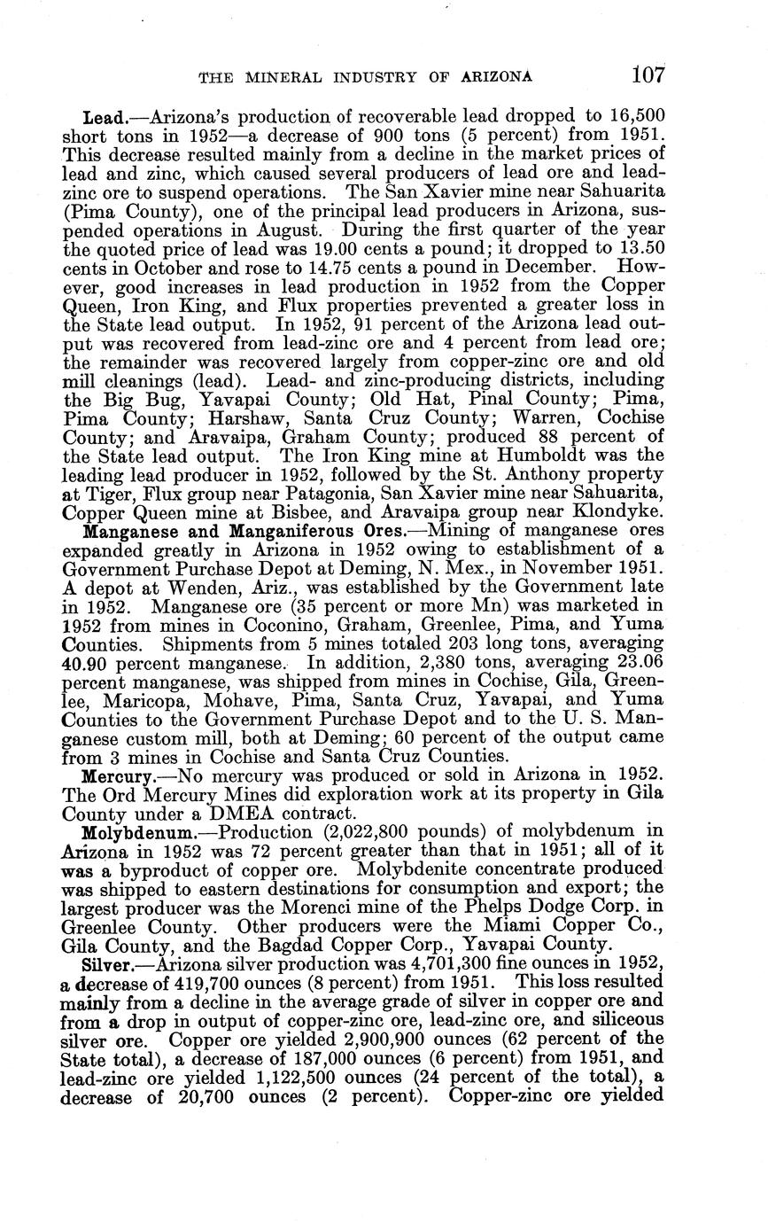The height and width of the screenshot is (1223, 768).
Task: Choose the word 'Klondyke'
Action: click(619, 511)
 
